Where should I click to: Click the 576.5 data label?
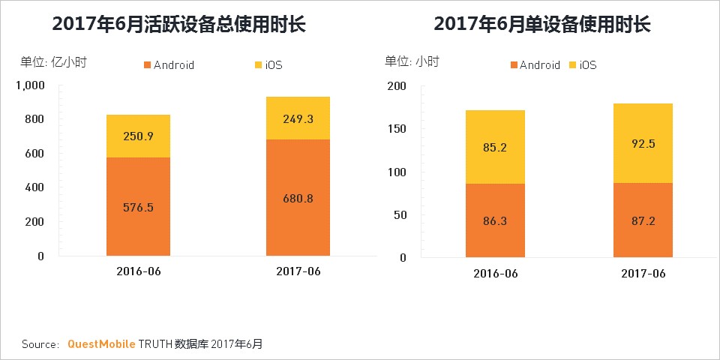point(138,207)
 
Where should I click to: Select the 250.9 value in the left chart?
point(138,136)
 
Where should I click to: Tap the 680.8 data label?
point(298,199)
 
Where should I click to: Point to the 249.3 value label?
point(298,118)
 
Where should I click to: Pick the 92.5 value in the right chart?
point(643,143)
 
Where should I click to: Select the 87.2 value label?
point(643,222)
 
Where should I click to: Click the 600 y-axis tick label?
point(34,153)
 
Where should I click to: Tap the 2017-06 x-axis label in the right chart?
point(643,274)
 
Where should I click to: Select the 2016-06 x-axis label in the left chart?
point(139,271)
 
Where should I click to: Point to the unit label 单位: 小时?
point(412,62)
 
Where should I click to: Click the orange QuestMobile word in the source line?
point(101,344)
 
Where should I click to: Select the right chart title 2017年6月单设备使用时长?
point(541,24)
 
